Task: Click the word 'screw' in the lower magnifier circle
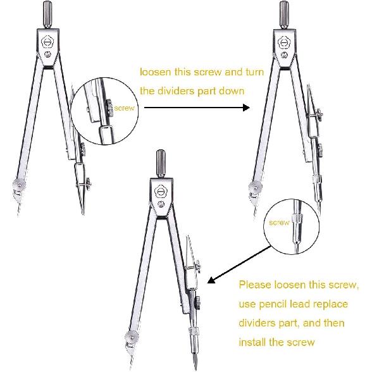[279, 223]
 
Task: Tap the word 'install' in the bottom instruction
[253, 342]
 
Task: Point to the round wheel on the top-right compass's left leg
[256, 187]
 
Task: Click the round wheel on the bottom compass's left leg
[132, 338]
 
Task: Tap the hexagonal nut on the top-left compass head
[47, 41]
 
